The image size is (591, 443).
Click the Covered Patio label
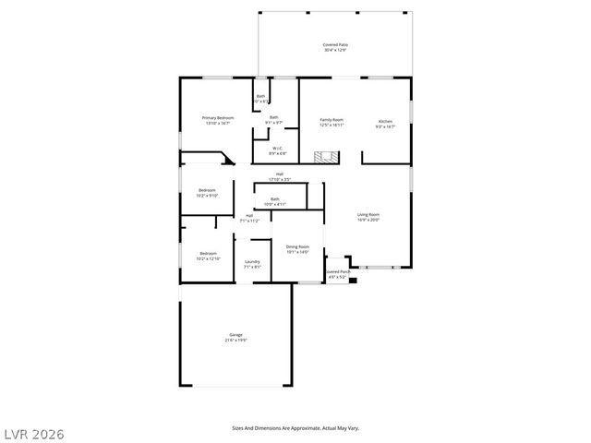click(335, 47)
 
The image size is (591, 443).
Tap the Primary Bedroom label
click(219, 121)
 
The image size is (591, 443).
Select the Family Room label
click(332, 123)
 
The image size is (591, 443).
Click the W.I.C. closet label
click(277, 150)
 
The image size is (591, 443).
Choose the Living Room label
click(368, 217)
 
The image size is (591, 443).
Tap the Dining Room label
click(297, 249)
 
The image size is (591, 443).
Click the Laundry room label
click(252, 264)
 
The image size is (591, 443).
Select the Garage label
click(236, 337)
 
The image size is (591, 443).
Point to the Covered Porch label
click(337, 274)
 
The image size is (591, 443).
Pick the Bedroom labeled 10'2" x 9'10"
click(207, 193)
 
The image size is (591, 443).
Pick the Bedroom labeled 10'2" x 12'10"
click(207, 256)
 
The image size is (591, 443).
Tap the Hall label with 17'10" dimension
click(280, 176)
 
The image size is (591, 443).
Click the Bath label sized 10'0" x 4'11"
click(275, 201)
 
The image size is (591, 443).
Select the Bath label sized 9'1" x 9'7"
click(274, 120)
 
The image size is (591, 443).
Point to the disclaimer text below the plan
click(295, 427)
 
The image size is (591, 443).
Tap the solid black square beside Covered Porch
click(352, 281)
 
